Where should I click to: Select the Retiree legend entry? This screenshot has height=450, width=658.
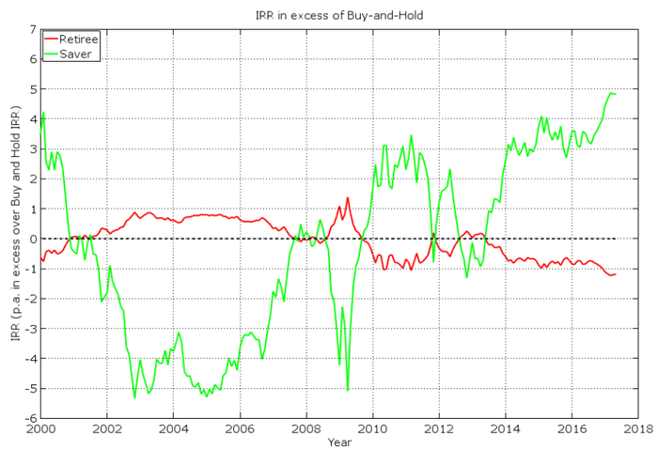[79, 40]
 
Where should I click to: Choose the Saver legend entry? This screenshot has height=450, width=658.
[75, 54]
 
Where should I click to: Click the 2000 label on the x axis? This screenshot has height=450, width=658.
[40, 428]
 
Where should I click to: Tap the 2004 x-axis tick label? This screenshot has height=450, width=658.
[173, 428]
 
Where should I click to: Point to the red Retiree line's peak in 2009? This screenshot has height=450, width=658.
[347, 197]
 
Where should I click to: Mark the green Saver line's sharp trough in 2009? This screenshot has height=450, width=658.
[348, 390]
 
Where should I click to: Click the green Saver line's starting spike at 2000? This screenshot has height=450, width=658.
[42, 113]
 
